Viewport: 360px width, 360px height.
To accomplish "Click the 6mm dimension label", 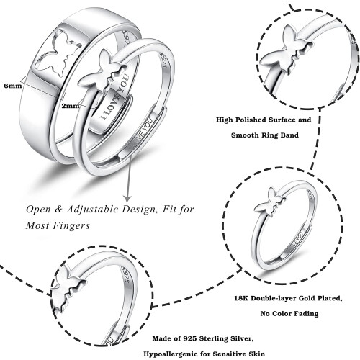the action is tap(13, 86).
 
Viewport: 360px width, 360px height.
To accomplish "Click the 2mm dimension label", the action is tap(71, 106).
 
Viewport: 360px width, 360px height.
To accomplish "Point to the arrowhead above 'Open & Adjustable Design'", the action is tap(127, 198).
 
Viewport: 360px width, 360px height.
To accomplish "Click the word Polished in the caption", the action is tap(251, 120).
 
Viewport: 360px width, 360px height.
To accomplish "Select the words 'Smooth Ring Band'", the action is tap(265, 135).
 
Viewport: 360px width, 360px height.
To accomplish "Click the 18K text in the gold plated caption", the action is tap(240, 298).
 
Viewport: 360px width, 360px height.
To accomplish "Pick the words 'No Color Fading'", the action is tap(289, 313).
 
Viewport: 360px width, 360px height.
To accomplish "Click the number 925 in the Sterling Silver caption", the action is tap(190, 338).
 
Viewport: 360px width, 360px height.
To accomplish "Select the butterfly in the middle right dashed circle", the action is tap(269, 201).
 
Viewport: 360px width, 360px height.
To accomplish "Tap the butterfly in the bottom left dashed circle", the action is tap(68, 287).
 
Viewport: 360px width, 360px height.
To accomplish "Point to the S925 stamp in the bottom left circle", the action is tap(126, 276).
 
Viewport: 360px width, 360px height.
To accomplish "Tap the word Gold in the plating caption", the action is tap(308, 298).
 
